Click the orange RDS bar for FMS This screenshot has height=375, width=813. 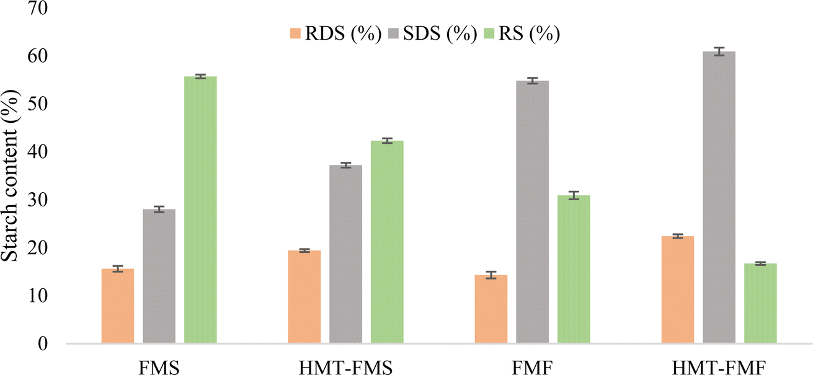(x=118, y=306)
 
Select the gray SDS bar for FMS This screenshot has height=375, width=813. (x=159, y=276)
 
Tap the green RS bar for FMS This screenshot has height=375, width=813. (x=200, y=210)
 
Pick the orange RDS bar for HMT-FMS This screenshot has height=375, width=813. (x=304, y=297)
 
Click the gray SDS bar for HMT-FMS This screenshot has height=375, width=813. (x=345, y=254)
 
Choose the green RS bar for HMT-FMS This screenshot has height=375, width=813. (x=387, y=242)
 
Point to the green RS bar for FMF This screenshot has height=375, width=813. (x=574, y=270)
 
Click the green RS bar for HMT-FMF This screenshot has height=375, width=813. (x=760, y=303)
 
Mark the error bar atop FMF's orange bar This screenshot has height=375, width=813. (x=491, y=275)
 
